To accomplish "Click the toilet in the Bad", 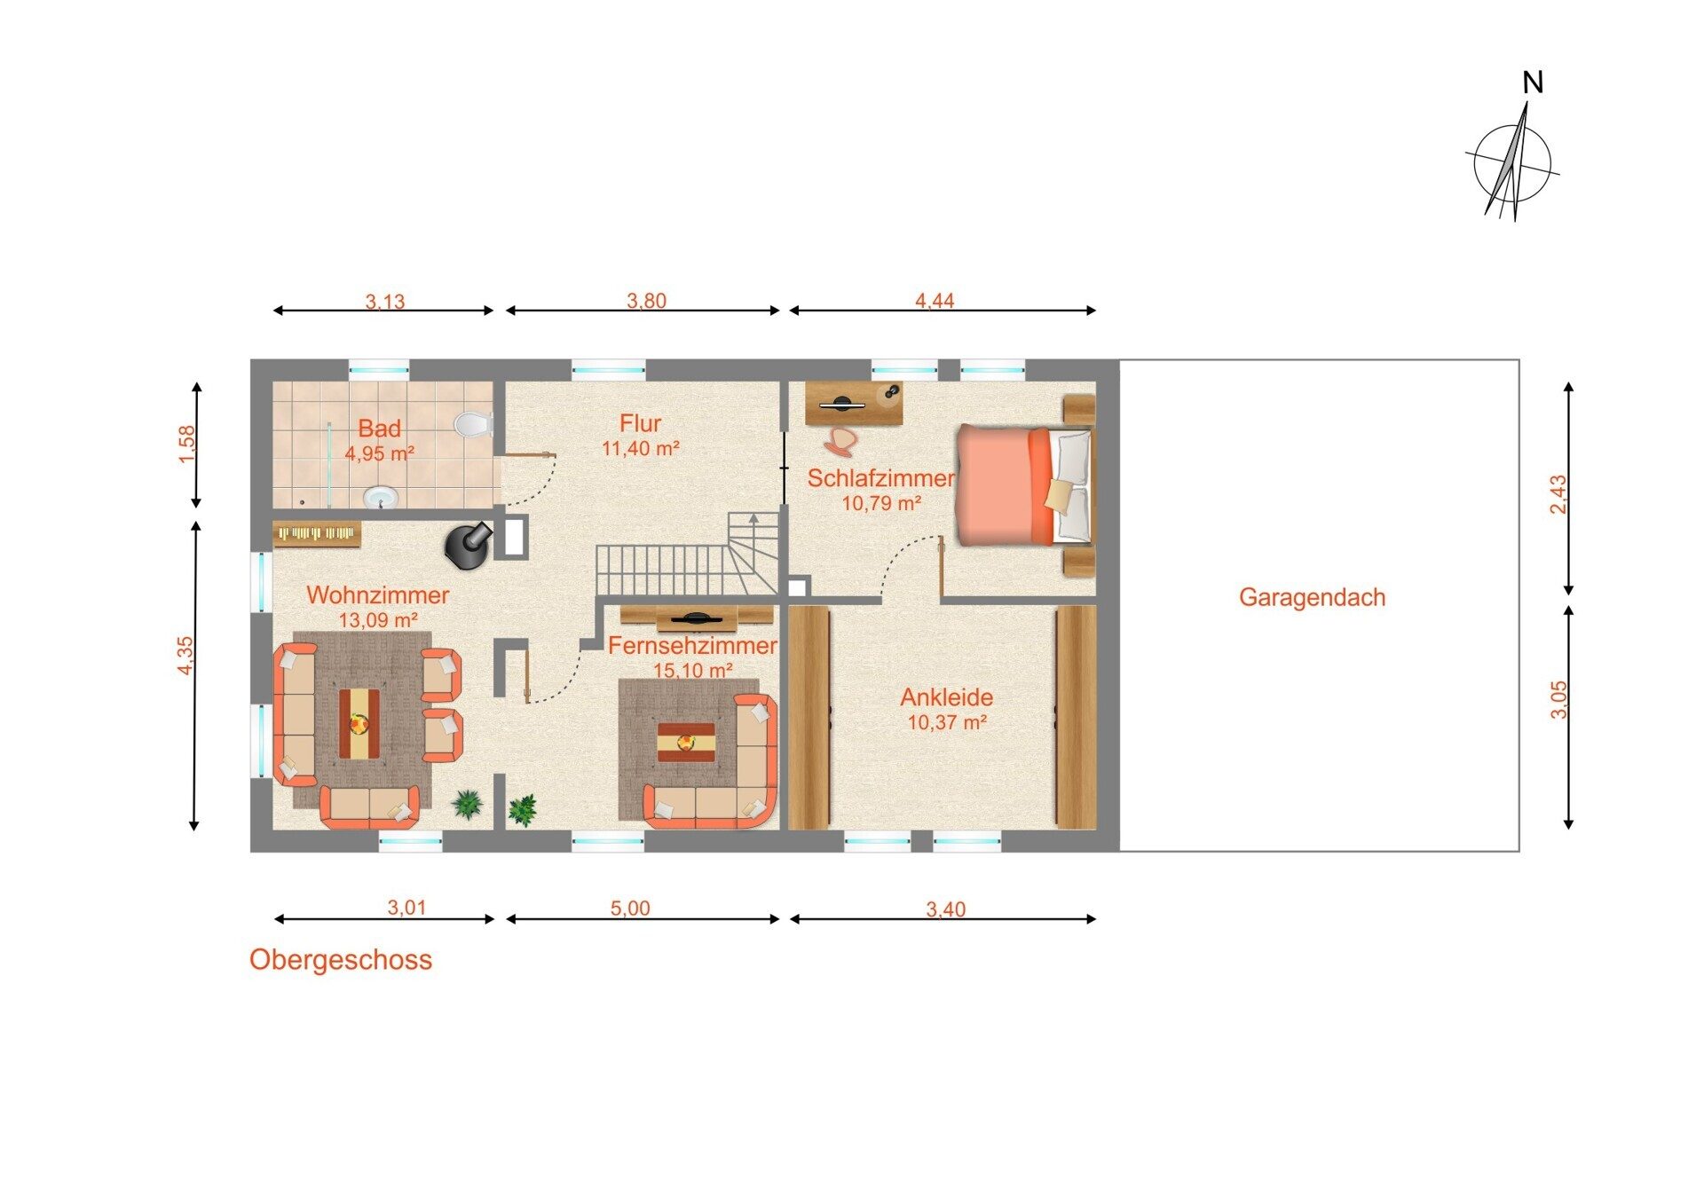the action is (474, 423).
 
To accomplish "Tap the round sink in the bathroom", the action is (383, 498).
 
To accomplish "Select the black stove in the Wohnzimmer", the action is (467, 545).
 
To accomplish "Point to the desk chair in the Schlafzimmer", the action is (840, 441).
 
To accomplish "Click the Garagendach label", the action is (1312, 598).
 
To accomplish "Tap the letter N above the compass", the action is (1533, 83).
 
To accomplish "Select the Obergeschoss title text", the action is (341, 960).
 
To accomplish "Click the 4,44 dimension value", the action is (935, 301).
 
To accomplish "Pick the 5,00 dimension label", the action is (630, 909).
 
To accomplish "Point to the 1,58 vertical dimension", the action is (186, 445).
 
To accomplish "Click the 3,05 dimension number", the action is (1558, 699).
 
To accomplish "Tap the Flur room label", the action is (640, 423).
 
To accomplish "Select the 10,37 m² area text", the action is (947, 723).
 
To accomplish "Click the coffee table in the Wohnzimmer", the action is (359, 723).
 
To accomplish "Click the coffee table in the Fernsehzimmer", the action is (686, 742).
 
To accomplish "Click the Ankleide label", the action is (946, 697).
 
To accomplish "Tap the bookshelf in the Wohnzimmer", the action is (317, 533).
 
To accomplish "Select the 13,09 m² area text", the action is (378, 620).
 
